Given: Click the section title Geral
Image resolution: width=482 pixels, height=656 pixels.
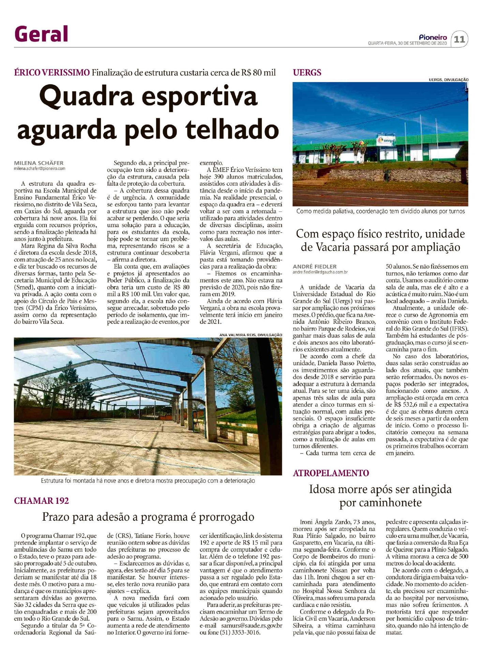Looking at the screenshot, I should click(x=41, y=34).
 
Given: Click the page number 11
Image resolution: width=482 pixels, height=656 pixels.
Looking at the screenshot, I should click(x=460, y=39).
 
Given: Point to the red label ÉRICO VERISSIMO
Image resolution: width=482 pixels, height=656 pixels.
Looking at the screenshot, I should click(x=52, y=72).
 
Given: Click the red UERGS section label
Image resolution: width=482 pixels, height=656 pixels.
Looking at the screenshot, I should click(x=307, y=72).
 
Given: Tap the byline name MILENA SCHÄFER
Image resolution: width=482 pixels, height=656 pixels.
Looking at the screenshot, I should click(x=39, y=163).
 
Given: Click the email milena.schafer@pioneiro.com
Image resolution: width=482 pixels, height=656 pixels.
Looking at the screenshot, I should click(x=40, y=169).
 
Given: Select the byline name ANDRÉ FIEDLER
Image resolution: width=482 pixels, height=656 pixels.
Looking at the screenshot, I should click(x=315, y=266).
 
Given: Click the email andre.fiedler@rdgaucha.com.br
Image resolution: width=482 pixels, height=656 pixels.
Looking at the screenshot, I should click(x=320, y=272).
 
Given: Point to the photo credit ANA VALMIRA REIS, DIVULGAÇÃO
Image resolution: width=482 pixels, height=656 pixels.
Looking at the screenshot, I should click(x=251, y=335).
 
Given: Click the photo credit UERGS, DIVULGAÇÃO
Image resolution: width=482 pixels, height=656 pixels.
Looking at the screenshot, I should click(x=448, y=80).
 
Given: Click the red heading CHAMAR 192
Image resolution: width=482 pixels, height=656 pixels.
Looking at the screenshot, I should click(x=41, y=501).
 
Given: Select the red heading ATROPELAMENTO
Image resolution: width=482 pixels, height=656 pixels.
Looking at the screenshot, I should click(x=331, y=473).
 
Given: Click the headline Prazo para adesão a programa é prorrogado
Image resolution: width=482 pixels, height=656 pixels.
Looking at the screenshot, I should click(x=148, y=517).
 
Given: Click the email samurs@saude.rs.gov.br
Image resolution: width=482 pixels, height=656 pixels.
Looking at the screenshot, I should click(x=252, y=626).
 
